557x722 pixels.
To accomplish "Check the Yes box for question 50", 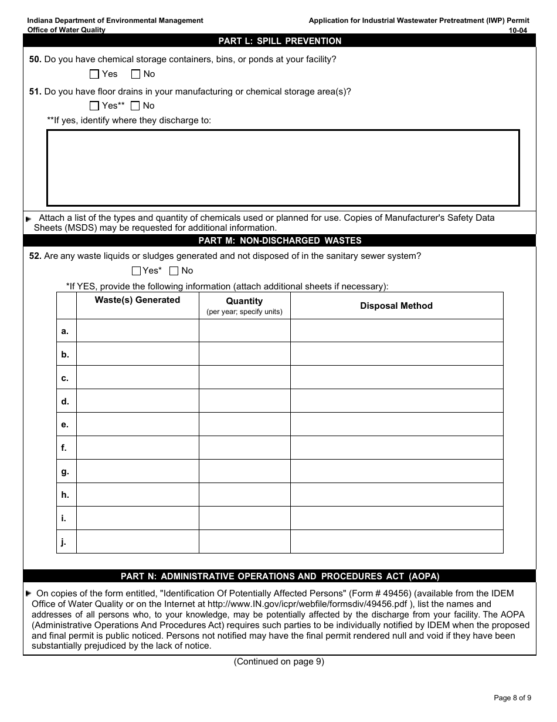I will (x=94, y=74).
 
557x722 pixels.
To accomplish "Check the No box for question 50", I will (x=136, y=74).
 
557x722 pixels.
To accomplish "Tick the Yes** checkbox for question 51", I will (x=94, y=106).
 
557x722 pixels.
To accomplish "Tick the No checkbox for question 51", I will (x=135, y=106).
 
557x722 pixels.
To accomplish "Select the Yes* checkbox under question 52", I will (x=137, y=271).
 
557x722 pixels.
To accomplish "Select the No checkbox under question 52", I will (x=174, y=271).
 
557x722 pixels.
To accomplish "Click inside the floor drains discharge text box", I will (x=283, y=168).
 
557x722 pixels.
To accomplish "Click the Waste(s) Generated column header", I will (x=137, y=300).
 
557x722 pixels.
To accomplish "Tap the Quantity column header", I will (x=244, y=301).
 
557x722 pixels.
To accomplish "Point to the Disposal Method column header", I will (x=396, y=306).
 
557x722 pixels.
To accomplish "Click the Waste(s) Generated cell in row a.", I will (x=137, y=331).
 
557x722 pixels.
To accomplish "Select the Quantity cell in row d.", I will (x=244, y=401).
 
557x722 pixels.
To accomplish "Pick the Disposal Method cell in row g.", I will (x=396, y=471).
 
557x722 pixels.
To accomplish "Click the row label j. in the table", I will (x=64, y=542).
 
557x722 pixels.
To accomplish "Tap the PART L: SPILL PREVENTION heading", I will (x=280, y=41).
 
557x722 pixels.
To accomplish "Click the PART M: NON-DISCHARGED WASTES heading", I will (x=280, y=241).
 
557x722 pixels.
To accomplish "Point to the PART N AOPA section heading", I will (x=280, y=576).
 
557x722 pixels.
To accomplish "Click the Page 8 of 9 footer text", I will (x=512, y=698).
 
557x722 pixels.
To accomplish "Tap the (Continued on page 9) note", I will (x=279, y=662).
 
